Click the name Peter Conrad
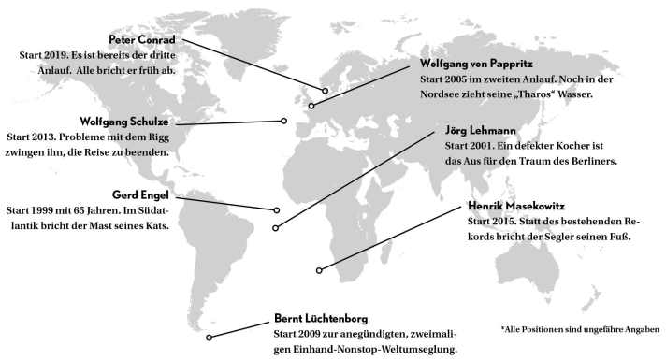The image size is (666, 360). pyautogui.click(x=142, y=40)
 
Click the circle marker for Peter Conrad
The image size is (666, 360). pyautogui.click(x=326, y=91)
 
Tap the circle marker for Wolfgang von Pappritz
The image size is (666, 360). pyautogui.click(x=311, y=105)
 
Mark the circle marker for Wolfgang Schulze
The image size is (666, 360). pyautogui.click(x=284, y=121)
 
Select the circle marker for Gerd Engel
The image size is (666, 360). pyautogui.click(x=278, y=209)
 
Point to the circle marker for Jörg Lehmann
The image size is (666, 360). pyautogui.click(x=276, y=228)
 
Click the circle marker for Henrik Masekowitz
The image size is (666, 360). pyautogui.click(x=319, y=270)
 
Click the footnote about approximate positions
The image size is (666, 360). pyautogui.click(x=580, y=329)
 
